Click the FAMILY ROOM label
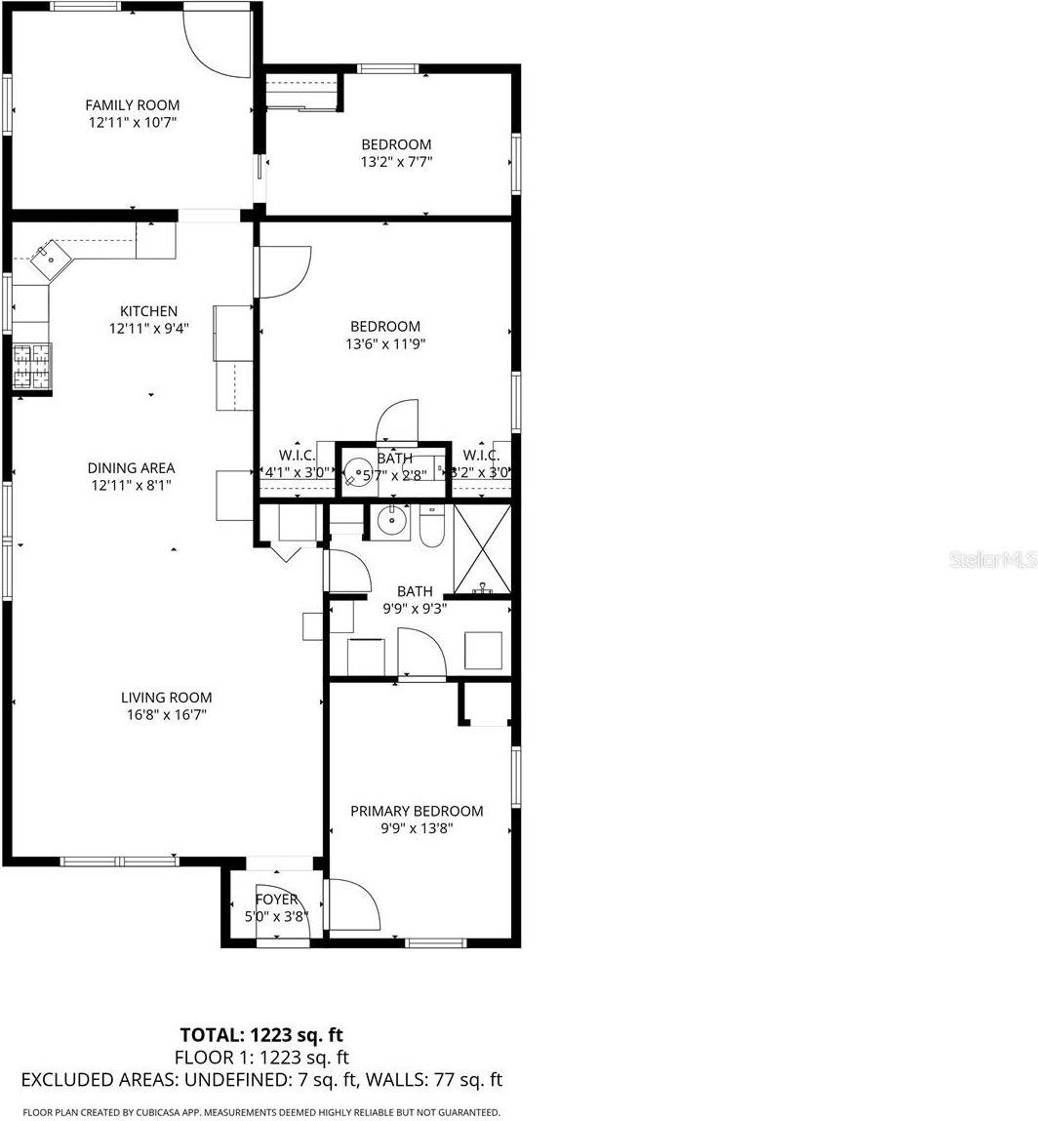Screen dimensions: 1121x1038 tap(132, 104)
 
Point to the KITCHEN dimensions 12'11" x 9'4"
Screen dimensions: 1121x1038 tap(148, 329)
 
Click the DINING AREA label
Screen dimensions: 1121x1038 tap(131, 467)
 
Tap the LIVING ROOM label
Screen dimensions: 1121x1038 tap(166, 697)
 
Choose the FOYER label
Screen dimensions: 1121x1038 tap(276, 899)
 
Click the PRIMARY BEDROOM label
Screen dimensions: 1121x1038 tap(417, 811)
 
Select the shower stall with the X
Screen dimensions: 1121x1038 tap(483, 547)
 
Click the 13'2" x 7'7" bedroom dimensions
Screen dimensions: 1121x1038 tap(396, 162)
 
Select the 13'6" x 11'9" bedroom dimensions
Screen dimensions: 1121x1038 tap(385, 343)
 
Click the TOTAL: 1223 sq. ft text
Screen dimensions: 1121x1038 tap(261, 1034)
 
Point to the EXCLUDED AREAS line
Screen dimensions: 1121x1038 tap(261, 1079)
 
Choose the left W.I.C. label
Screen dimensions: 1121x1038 tap(297, 455)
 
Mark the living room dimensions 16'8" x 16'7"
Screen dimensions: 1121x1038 tap(166, 714)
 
